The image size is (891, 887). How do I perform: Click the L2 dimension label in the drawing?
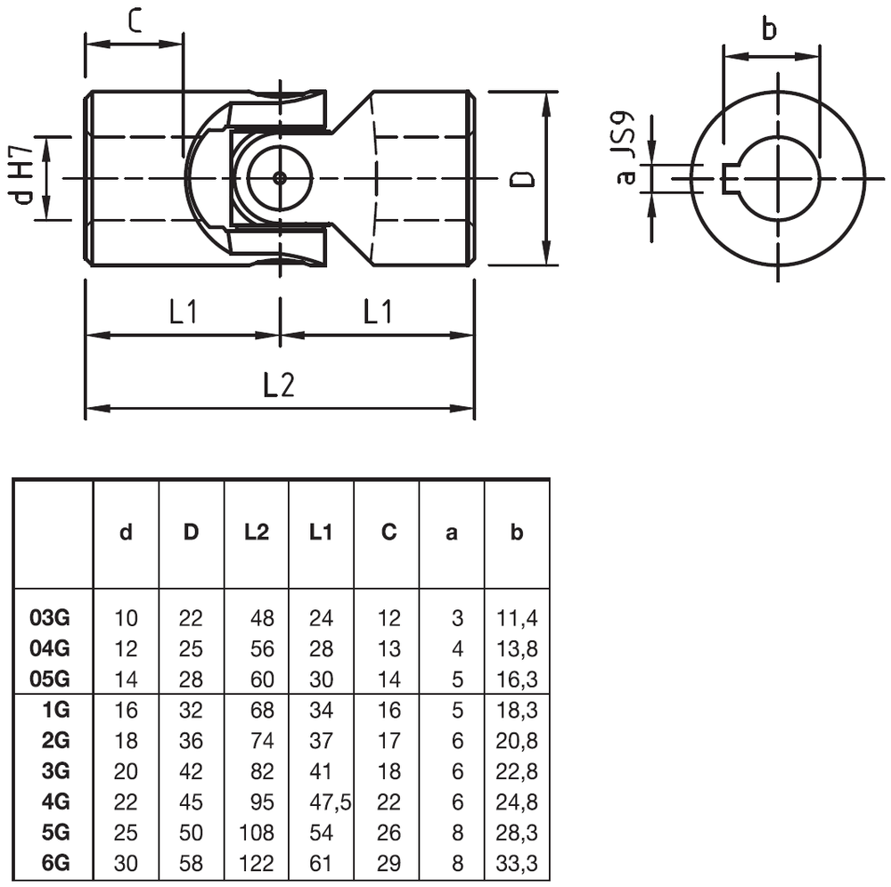[x=278, y=386]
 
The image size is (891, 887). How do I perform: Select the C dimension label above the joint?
[x=134, y=20]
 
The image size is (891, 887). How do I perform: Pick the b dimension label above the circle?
[x=769, y=29]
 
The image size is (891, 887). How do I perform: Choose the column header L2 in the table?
[x=257, y=533]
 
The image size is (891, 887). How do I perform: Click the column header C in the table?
[x=388, y=533]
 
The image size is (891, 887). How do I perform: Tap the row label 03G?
[x=50, y=617]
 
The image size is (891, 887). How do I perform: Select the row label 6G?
[x=55, y=864]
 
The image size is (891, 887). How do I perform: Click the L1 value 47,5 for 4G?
[x=329, y=802]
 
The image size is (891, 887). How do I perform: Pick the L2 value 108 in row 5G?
[x=257, y=834]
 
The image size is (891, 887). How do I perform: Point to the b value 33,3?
[x=518, y=864]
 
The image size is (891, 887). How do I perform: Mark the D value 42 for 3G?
[x=191, y=771]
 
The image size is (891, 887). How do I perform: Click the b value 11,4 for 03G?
[x=518, y=617]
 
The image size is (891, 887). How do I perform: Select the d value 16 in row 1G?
[x=127, y=710]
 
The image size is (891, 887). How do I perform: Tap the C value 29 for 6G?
[x=388, y=864]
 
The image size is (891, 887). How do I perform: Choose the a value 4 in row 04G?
[x=458, y=648]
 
